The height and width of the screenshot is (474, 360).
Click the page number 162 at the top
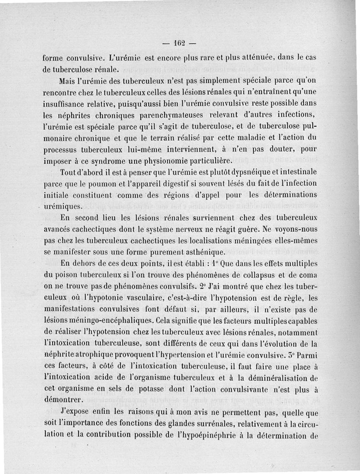(180, 44)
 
